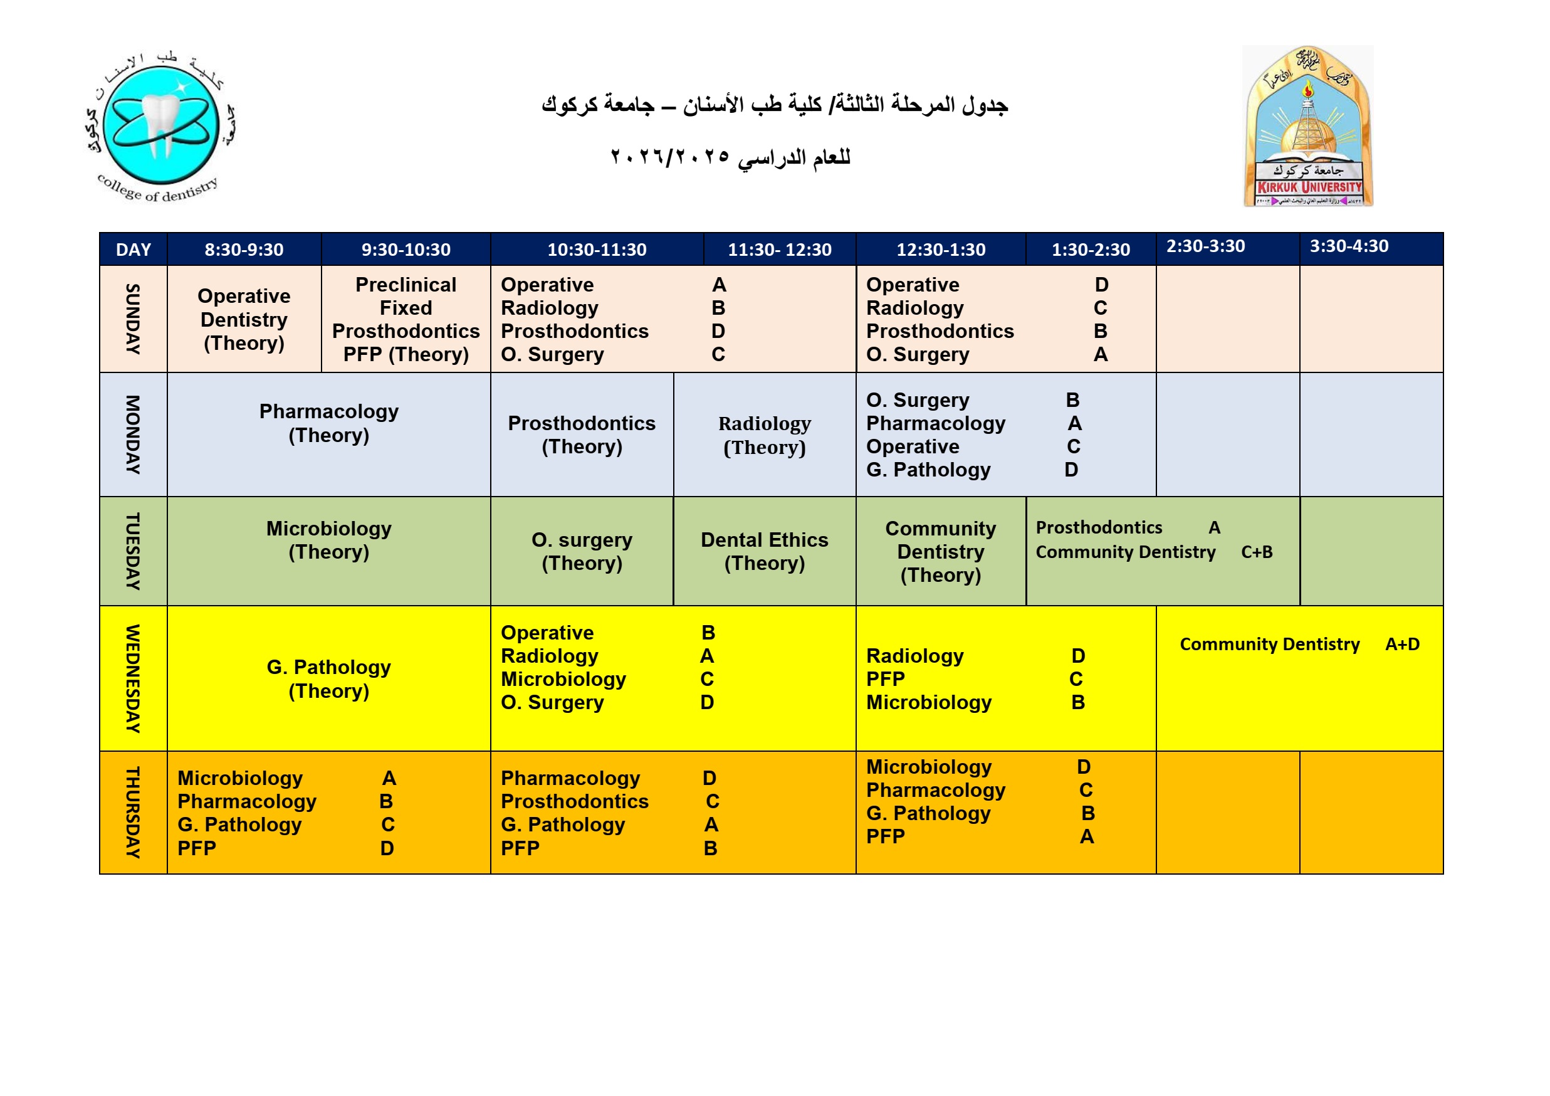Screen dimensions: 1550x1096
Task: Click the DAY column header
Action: [133, 250]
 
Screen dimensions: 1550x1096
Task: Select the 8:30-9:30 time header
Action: [244, 250]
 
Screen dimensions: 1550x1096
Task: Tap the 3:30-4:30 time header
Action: [1349, 246]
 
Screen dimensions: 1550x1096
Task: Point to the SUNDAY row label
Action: [133, 319]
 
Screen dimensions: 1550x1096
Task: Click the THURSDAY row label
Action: [133, 813]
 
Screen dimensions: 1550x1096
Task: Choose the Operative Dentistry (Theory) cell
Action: [244, 319]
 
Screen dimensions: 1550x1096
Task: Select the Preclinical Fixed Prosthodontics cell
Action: [406, 319]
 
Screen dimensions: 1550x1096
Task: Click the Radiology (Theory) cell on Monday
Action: [764, 435]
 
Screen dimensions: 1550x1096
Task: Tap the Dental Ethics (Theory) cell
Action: [764, 551]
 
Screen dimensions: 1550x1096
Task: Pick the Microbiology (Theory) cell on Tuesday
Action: [329, 540]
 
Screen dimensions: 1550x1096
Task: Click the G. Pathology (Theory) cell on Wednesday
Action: [329, 678]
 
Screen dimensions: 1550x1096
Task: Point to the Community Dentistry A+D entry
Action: [1299, 644]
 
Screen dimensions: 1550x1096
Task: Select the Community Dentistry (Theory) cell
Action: [940, 551]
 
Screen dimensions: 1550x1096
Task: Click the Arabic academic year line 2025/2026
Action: [730, 157]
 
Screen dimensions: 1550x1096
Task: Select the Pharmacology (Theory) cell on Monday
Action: [329, 423]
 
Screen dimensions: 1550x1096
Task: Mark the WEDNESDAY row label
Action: [133, 678]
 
